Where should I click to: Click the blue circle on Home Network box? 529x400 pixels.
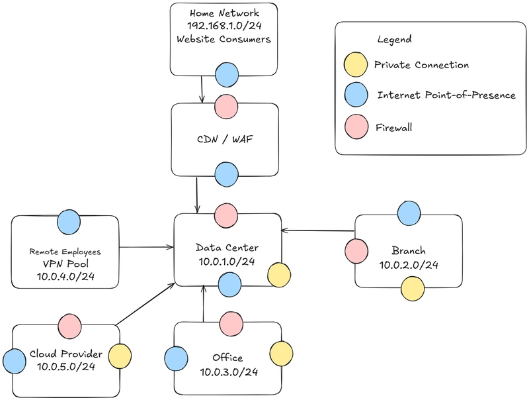[227, 75]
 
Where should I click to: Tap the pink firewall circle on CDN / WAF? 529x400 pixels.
[226, 107]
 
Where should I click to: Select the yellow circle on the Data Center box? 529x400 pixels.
[279, 275]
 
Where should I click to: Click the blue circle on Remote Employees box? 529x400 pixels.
[69, 222]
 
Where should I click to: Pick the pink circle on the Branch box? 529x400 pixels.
[356, 252]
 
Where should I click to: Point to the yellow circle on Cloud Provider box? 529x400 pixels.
[120, 356]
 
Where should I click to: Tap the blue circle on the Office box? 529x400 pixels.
[176, 358]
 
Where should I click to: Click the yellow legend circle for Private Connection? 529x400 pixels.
[356, 64]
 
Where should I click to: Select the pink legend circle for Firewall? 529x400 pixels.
[356, 127]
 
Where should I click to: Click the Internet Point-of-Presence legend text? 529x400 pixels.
[446, 95]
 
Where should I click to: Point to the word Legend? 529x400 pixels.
[394, 39]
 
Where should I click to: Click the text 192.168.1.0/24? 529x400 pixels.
[224, 26]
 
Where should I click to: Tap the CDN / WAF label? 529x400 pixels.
[225, 139]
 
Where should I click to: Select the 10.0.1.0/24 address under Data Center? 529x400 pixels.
[227, 262]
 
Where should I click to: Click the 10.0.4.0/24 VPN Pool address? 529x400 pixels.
[65, 277]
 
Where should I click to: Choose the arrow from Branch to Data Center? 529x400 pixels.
[318, 230]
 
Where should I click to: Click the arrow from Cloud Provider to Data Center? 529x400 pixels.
[145, 305]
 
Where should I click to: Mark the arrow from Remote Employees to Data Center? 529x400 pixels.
[146, 247]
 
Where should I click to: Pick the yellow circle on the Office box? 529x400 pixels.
[282, 354]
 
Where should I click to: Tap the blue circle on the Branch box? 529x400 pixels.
[409, 213]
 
